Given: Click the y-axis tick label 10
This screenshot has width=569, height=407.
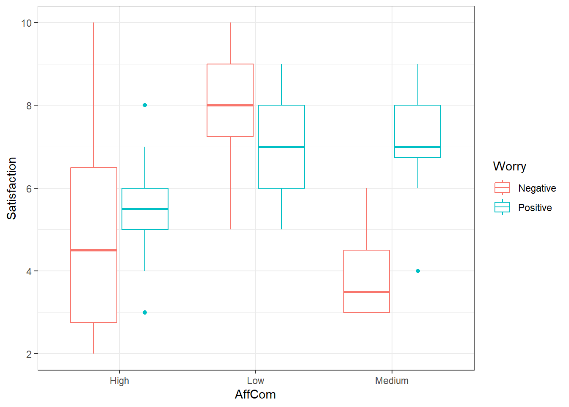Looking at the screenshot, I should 26,23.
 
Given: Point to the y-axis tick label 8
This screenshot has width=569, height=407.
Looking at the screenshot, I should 29,106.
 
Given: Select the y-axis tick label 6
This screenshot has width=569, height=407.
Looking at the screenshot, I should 29,188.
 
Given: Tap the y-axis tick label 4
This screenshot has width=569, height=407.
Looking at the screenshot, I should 29,271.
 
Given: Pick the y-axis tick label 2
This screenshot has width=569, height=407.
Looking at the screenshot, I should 29,354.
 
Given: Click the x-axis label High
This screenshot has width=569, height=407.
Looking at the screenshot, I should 119,381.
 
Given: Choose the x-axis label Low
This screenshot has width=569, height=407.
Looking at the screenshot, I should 255,381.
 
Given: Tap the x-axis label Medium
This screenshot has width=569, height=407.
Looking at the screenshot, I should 392,381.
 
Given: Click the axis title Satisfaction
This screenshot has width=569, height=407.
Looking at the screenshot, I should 11,188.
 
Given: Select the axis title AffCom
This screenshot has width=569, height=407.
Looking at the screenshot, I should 255,394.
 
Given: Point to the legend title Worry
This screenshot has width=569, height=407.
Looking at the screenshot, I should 509,166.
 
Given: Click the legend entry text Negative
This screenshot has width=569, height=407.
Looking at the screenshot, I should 537,188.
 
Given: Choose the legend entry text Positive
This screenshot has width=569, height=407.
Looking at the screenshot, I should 535,208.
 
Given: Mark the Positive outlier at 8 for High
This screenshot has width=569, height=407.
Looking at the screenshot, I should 145,105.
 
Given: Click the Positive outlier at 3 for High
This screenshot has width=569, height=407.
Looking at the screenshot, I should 145,312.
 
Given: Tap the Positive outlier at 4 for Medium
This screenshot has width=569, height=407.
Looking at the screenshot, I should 418,271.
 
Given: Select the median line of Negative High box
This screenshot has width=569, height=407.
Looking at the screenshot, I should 94,250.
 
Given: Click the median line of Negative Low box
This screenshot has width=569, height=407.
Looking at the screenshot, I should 230,105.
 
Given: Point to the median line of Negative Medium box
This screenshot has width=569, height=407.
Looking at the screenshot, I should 367,292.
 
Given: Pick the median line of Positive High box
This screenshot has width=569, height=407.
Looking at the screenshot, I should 145,209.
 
